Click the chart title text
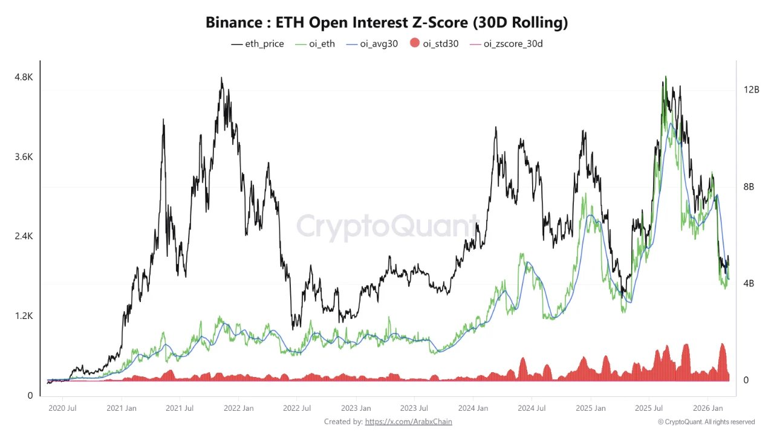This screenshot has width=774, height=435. click(x=386, y=23)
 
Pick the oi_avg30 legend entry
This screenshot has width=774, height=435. click(x=372, y=43)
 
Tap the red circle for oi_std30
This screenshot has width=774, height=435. click(x=414, y=43)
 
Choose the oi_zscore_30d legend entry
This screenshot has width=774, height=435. click(x=506, y=43)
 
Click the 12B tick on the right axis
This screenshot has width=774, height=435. click(x=752, y=89)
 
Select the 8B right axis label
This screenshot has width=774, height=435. click(x=749, y=187)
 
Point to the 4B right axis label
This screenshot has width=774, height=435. click(x=749, y=283)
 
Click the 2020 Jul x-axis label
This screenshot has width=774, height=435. click(x=62, y=408)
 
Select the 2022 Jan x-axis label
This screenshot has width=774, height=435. click(x=239, y=408)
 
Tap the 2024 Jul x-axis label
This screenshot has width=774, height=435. click(x=533, y=408)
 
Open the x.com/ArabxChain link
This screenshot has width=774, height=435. click(x=408, y=422)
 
